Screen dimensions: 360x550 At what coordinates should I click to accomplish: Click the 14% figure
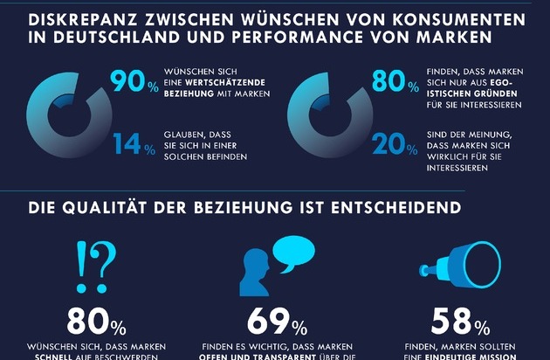point(131,143)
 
